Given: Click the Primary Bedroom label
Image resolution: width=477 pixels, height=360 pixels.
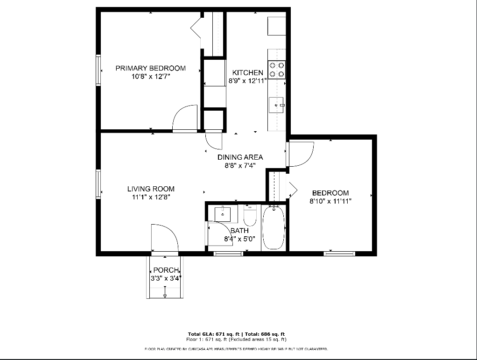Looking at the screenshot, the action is pos(151,68).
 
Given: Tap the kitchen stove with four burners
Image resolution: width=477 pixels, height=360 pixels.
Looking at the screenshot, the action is pos(276,70).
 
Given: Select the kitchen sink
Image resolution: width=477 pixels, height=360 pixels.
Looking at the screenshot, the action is pos(276,105).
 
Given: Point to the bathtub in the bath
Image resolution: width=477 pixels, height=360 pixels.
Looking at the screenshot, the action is pos(274,227).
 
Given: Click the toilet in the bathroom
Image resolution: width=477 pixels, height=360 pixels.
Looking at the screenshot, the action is pos(250,215).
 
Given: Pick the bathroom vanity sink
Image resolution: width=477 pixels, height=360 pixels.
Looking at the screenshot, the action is pos(223,214).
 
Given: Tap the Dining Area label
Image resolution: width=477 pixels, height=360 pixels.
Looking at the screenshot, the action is pos(240,157).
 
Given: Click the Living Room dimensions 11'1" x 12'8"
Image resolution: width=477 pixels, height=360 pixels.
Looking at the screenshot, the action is pos(151,197).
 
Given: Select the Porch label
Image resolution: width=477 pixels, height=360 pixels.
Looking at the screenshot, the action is pos(166,270).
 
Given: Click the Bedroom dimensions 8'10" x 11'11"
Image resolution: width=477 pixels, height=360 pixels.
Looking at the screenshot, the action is pos(330,201).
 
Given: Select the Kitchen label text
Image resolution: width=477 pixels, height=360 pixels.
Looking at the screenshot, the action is pos(248,73).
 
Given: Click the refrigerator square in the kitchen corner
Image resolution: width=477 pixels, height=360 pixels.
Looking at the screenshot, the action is pos(276,26).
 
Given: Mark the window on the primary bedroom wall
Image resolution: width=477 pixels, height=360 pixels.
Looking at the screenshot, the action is pos(98,70).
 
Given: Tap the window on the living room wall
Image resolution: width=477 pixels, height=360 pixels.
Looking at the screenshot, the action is pos(98,184).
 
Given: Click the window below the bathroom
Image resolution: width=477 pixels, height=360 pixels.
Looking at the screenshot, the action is pos(228,254).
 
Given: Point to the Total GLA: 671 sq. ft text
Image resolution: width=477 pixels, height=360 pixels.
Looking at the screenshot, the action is pos(214,334).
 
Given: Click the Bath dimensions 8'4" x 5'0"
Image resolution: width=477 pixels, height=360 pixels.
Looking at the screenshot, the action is pos(240,239).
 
